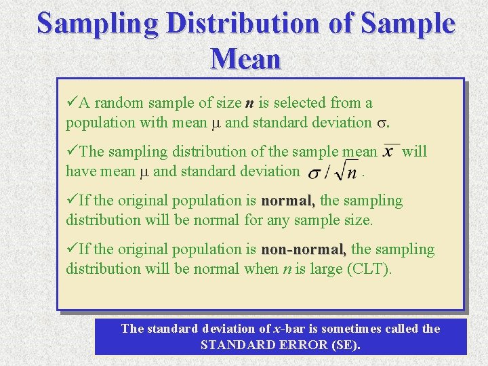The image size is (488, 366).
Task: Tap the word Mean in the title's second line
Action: [245, 59]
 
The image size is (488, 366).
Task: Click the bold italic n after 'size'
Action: [249, 103]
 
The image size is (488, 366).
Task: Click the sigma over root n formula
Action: [333, 172]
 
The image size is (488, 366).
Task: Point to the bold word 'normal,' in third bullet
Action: [288, 201]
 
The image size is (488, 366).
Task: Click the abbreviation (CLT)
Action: [368, 268]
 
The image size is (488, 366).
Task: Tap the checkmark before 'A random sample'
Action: [72, 103]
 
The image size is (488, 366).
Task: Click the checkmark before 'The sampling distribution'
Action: [72, 152]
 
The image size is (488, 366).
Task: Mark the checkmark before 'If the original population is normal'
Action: [72, 201]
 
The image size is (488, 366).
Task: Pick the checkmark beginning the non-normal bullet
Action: [72, 249]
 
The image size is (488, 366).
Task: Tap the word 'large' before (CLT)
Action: [325, 268]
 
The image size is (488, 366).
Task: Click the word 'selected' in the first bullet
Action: [302, 103]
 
